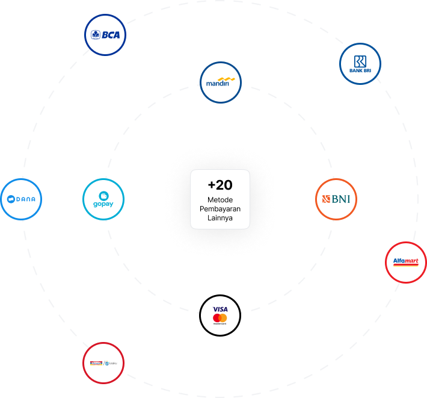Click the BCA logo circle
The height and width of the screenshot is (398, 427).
105,34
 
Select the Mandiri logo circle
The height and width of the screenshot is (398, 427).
220,82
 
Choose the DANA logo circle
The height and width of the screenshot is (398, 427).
22,199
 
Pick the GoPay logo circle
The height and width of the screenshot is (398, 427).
103,199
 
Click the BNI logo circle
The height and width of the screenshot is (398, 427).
336,199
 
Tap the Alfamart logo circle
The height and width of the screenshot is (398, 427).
406,262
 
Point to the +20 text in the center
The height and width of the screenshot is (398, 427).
220,185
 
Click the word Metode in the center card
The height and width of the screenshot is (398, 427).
220,200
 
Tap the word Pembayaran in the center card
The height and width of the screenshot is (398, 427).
220,209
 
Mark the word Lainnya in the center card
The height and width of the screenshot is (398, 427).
220,218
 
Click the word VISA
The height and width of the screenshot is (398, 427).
220,309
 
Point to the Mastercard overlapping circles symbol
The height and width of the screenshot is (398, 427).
220,317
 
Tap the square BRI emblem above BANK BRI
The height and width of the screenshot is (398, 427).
360,61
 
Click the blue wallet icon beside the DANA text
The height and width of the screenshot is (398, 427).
11,199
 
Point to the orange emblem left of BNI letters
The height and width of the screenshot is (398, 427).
326,199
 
